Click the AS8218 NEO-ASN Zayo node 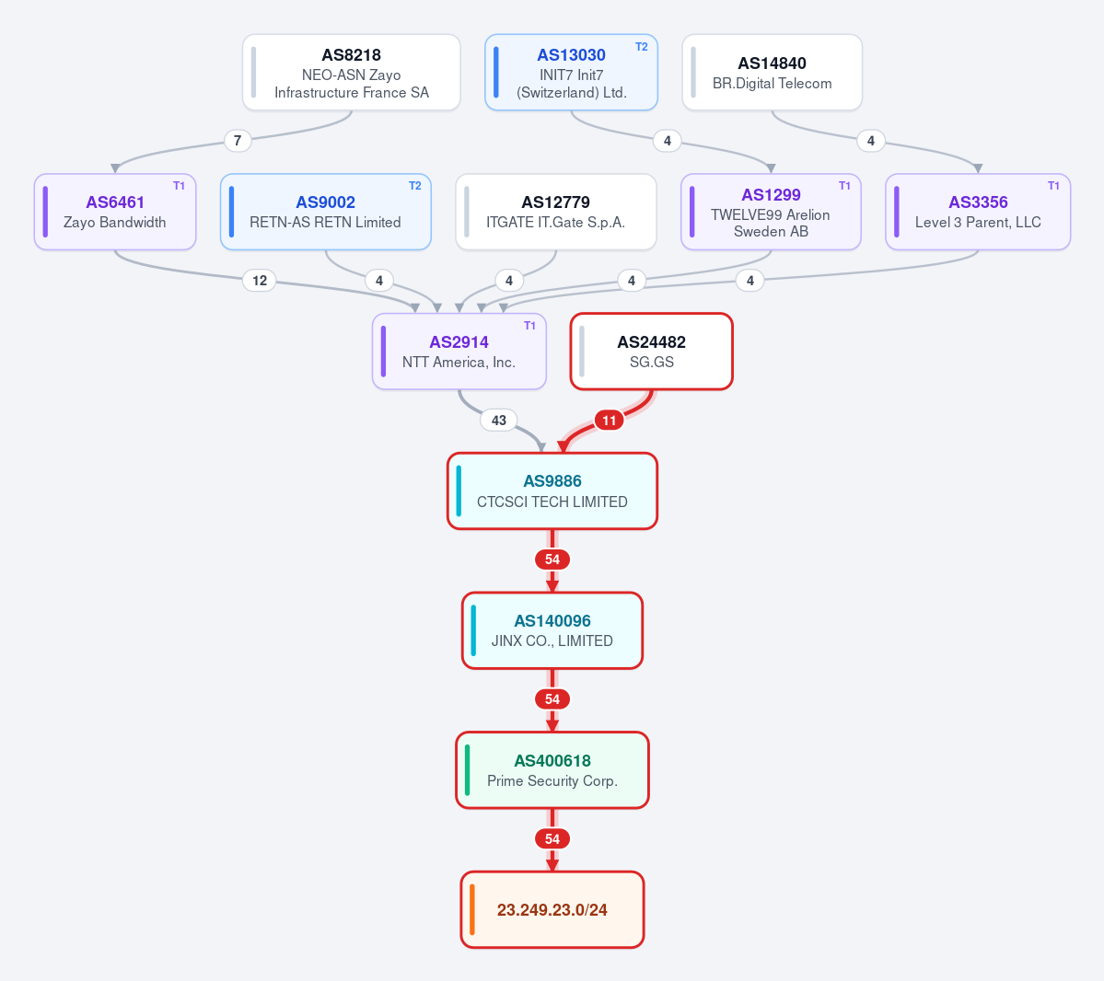[352, 73]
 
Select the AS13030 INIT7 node [571, 73]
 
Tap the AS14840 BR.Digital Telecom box [772, 73]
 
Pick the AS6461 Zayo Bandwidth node [115, 212]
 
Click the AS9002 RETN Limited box [325, 212]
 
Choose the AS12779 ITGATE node [555, 212]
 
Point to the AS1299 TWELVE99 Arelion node [771, 212]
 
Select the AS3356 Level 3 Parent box [978, 212]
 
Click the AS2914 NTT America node [459, 352]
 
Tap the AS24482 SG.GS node [651, 352]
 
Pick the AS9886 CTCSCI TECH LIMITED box [552, 490]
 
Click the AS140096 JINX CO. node [552, 630]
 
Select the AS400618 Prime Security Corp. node [552, 770]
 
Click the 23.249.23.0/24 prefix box [552, 909]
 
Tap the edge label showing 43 [498, 421]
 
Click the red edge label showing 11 [609, 421]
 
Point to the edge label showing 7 [238, 141]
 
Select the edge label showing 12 [259, 281]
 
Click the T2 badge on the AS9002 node [414, 186]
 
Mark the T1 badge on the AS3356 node [1053, 186]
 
